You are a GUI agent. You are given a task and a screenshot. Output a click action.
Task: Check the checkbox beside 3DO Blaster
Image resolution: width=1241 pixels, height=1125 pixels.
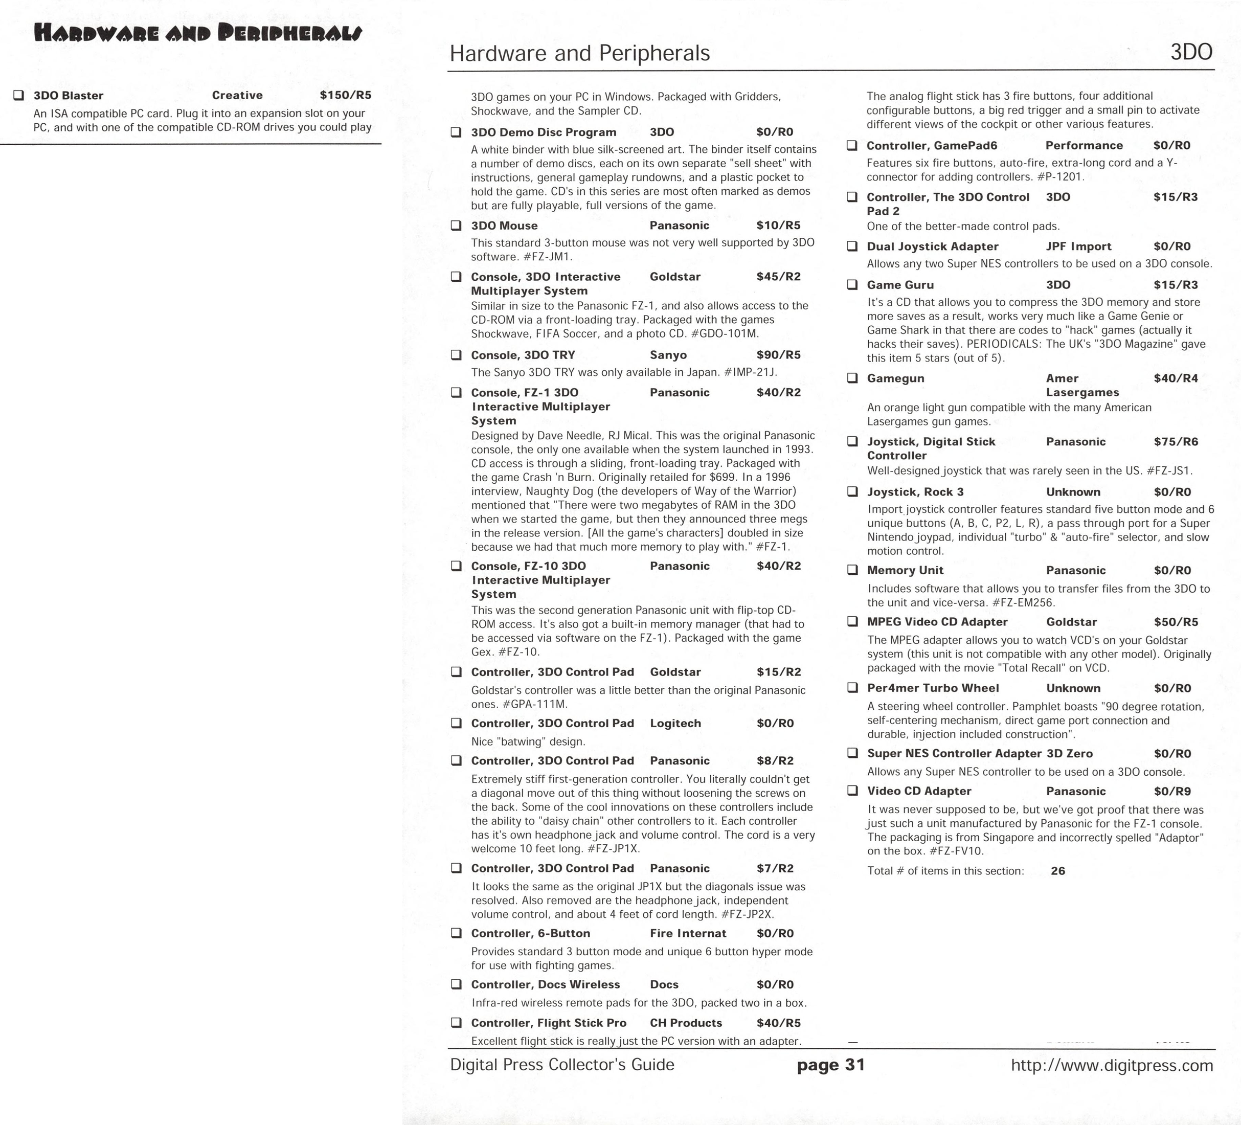tap(19, 96)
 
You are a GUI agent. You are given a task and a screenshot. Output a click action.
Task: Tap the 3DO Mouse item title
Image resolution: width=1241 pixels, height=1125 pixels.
tap(504, 226)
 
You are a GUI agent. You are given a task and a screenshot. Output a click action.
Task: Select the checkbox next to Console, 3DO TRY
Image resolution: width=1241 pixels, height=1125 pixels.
tap(456, 355)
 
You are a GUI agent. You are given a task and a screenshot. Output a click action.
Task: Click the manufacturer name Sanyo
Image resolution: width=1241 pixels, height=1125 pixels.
tap(668, 355)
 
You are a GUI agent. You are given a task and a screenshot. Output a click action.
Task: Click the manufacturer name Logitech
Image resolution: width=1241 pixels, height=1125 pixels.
tap(675, 723)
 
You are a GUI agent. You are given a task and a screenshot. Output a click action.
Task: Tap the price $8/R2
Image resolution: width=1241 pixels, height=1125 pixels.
tap(775, 760)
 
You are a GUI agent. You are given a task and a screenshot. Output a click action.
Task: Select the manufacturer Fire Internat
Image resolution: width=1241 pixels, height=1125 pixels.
tap(688, 933)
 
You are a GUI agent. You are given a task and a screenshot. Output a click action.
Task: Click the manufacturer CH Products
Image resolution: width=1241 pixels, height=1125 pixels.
tap(686, 1023)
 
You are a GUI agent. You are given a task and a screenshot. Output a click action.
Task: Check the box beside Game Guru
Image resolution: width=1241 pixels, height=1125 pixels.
tap(852, 284)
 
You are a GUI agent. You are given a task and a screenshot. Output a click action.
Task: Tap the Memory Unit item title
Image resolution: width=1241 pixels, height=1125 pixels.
tap(905, 570)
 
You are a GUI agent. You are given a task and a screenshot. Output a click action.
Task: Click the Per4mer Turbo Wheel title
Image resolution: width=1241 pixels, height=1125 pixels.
tap(933, 688)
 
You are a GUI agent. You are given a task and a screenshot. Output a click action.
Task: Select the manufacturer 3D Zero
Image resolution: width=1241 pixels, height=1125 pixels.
tap(1069, 753)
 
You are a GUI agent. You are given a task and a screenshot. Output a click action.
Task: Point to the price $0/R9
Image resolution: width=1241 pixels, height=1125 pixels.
tap(1172, 791)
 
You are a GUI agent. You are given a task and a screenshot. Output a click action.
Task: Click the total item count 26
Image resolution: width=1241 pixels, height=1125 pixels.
tap(1057, 871)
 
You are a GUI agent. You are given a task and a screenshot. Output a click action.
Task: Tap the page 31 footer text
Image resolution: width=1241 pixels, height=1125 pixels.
tap(830, 1065)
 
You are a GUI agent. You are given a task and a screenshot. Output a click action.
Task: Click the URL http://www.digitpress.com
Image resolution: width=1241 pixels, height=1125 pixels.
tap(1112, 1065)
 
